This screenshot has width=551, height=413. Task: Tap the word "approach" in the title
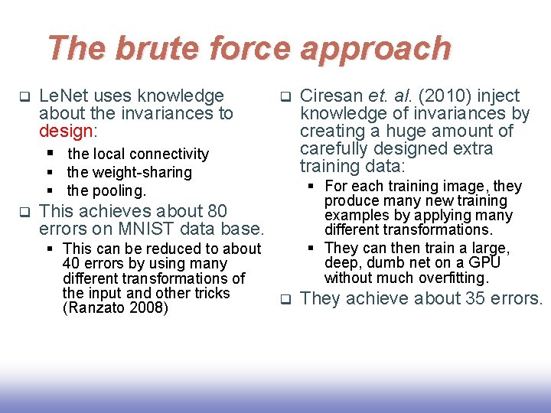point(375,48)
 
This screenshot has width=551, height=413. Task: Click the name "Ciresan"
point(331,96)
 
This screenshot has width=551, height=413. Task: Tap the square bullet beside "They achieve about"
point(285,299)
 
